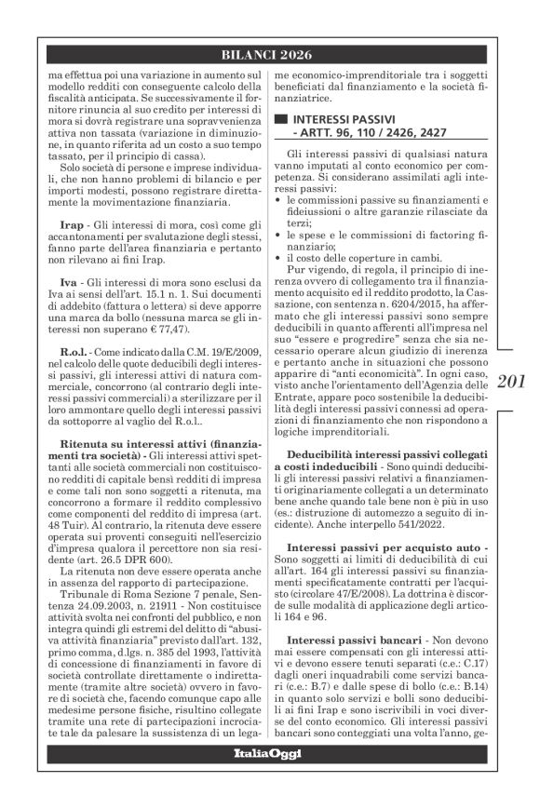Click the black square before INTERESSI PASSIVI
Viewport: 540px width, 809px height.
[279, 121]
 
